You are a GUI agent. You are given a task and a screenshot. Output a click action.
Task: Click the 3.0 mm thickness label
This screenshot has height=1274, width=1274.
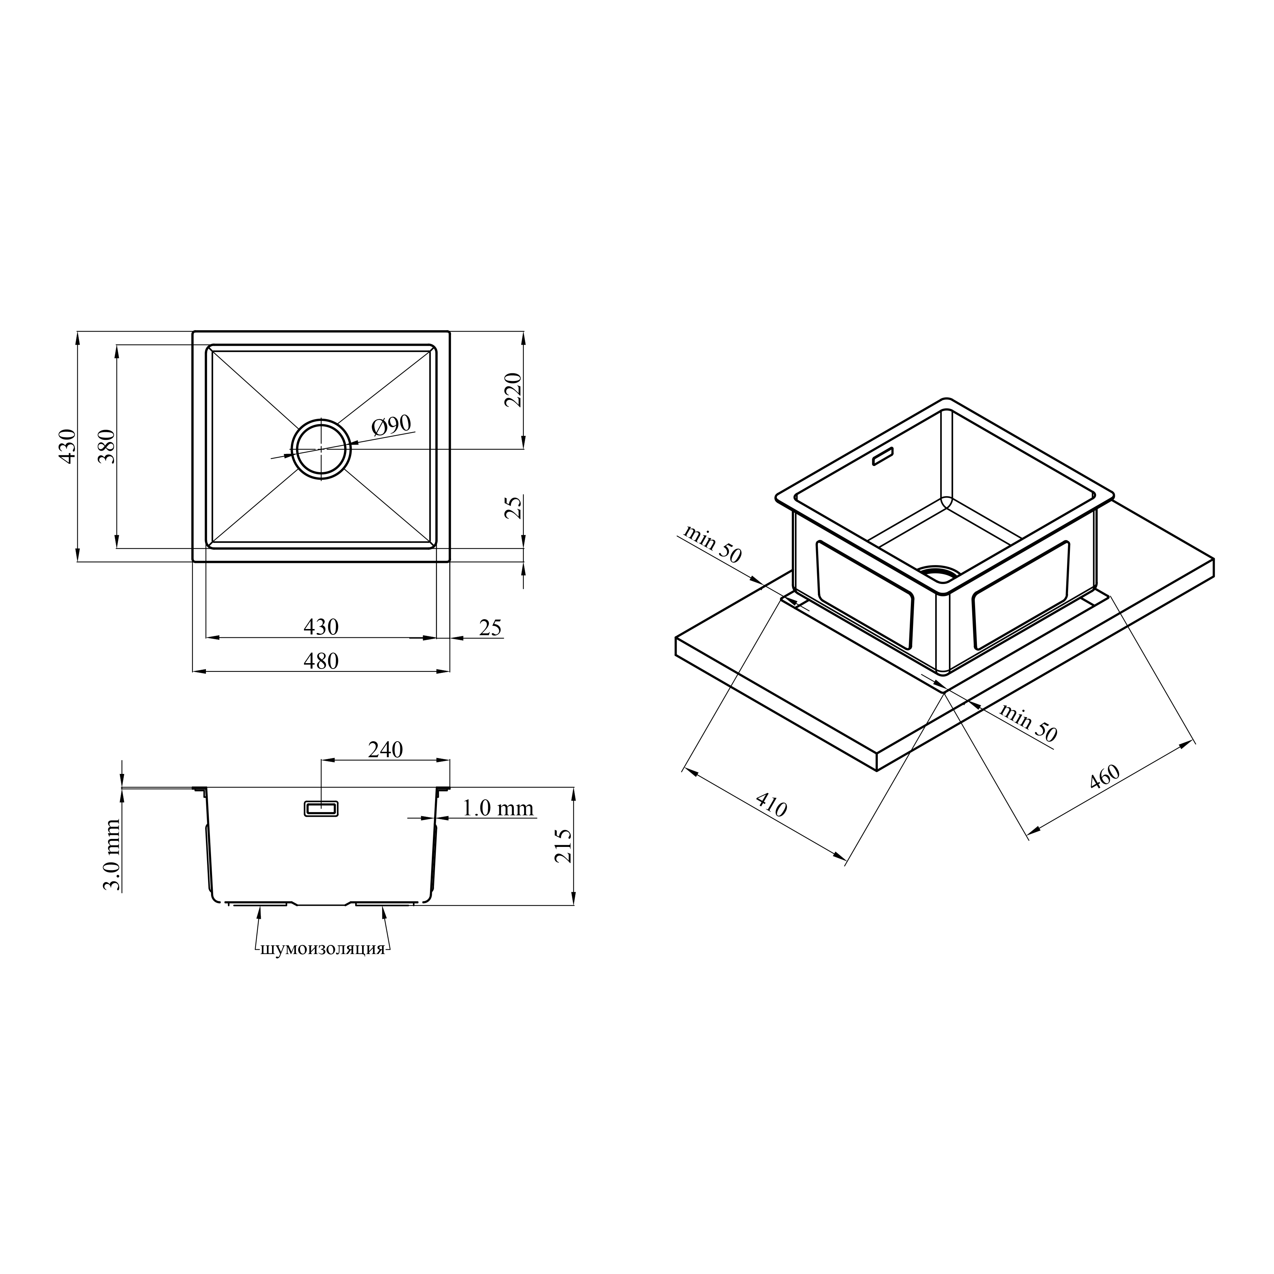tap(112, 855)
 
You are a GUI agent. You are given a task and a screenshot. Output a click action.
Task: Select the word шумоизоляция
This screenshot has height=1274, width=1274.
tap(322, 949)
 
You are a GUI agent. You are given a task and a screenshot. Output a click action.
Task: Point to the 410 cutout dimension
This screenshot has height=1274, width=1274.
tap(771, 804)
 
